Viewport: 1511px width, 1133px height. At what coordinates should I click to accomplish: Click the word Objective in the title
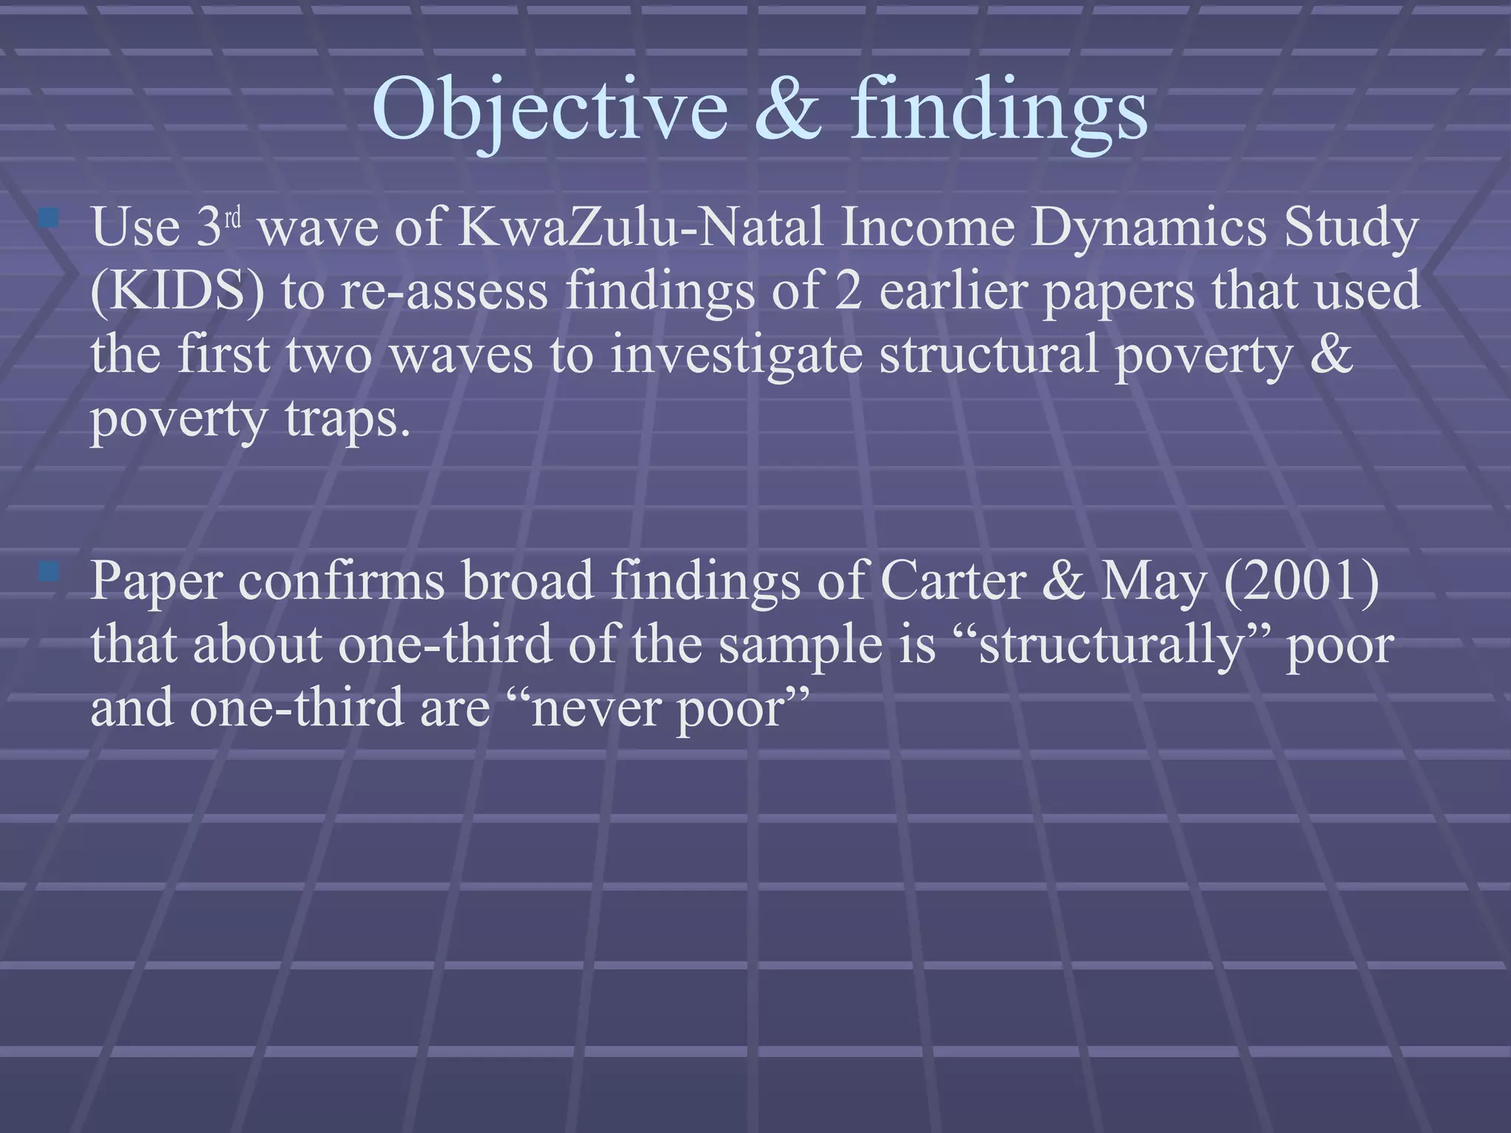[550, 109]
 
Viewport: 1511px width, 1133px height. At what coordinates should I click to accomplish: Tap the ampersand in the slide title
[788, 109]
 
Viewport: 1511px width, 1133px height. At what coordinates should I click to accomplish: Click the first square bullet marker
[49, 218]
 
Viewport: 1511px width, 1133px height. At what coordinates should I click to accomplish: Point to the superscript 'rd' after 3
[233, 218]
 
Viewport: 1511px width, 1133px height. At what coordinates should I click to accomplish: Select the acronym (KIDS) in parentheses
[177, 291]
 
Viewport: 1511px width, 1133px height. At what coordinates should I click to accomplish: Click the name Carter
[952, 581]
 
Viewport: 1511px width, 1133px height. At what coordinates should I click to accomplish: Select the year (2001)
[1301, 581]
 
